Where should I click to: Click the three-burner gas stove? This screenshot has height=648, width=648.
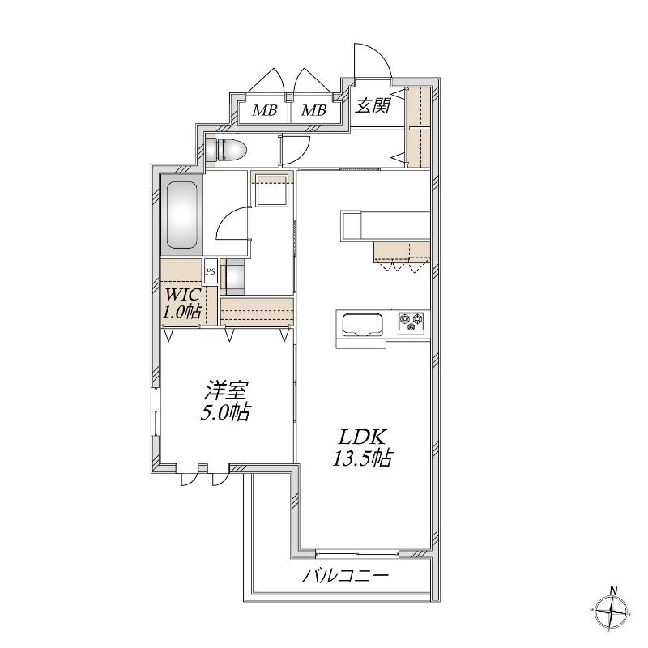click(x=411, y=322)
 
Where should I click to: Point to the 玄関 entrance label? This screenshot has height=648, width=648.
click(x=373, y=106)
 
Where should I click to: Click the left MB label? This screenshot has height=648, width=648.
click(x=265, y=110)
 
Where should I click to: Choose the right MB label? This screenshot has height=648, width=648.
click(x=313, y=110)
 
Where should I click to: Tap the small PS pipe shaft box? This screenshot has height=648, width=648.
click(x=211, y=271)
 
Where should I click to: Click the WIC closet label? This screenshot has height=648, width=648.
click(x=183, y=295)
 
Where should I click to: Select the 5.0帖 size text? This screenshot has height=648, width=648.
click(x=226, y=411)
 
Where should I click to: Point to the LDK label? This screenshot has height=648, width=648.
click(x=363, y=437)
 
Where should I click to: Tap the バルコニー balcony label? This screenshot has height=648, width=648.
click(x=346, y=576)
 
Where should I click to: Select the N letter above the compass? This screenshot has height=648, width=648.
click(x=615, y=590)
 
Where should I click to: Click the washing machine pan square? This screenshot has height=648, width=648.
click(x=271, y=190)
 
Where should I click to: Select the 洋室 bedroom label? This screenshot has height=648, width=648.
click(x=227, y=390)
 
